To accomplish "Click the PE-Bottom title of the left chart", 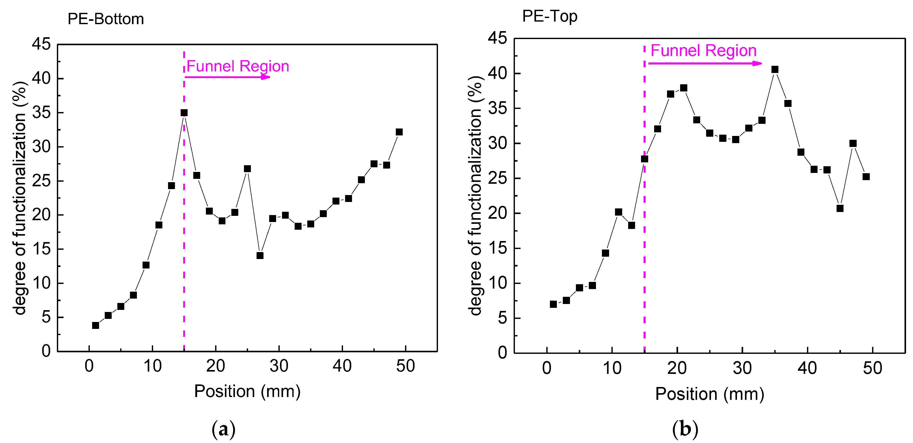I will (106, 19).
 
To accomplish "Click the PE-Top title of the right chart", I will (550, 16).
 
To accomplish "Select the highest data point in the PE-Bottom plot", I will (184, 113).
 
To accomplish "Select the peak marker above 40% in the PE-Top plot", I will (775, 69).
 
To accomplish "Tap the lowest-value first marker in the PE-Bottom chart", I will (95, 325).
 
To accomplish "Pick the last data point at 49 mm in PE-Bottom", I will (399, 132).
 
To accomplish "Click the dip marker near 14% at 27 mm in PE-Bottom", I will (260, 255).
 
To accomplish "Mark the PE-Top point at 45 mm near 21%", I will (840, 208).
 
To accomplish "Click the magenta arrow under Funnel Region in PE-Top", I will (705, 63).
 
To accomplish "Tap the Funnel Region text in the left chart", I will (238, 66).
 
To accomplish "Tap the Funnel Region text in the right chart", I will (704, 51).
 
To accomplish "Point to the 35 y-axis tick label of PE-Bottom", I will (41, 113).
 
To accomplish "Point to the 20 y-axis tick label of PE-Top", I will (498, 213).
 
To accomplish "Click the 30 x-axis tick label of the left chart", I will (279, 366).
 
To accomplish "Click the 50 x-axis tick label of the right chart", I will (872, 368).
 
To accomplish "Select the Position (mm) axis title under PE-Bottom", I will (247, 391).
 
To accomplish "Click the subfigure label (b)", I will (685, 429).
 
